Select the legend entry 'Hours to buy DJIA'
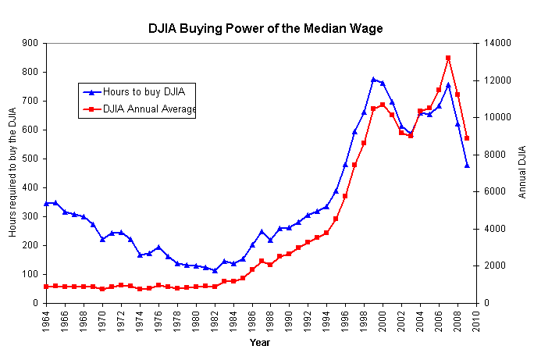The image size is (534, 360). coord(149,91)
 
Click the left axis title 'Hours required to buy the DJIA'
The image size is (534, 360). coord(12,173)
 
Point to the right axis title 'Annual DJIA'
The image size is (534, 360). coord(522,173)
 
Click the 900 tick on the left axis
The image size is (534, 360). coord(33,43)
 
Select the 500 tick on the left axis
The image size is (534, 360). coord(33,159)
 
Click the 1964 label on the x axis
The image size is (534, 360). coord(46,319)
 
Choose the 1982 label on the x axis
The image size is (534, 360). coord(215,319)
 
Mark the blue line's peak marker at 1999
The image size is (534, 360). coord(373,80)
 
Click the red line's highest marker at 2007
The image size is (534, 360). coord(448,58)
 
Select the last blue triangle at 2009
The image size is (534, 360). coord(467,166)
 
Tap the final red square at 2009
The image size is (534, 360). coord(467,138)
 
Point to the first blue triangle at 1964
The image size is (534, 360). coord(46,203)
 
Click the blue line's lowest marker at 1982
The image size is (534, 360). coord(215,270)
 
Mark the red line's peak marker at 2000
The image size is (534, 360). coord(383,105)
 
